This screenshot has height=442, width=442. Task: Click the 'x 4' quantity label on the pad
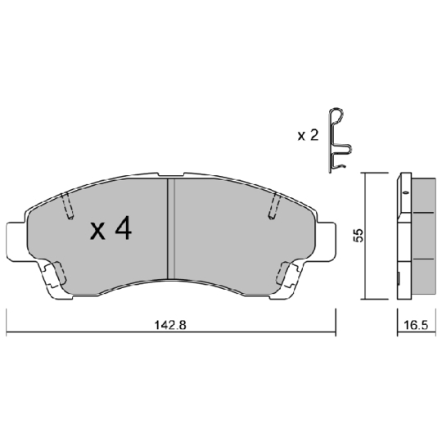coord(110,231)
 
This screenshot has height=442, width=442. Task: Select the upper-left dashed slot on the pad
coord(68,207)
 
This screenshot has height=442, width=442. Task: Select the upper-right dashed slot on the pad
coord(273,208)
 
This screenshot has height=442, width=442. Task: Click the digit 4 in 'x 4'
coord(123,231)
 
